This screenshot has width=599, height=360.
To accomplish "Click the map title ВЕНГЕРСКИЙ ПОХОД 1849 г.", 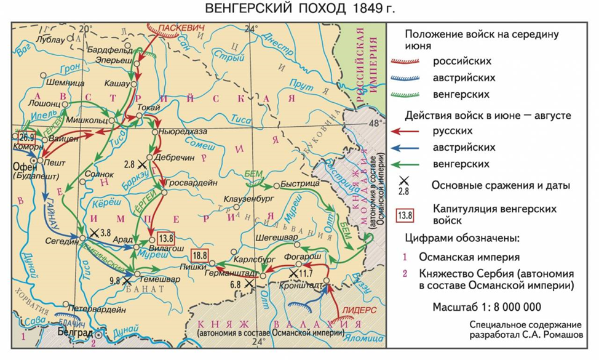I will pyautogui.click(x=299, y=9).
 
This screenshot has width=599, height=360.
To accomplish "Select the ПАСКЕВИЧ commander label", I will pyautogui.click(x=180, y=27).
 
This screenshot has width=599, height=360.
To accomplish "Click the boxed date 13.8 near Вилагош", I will pyautogui.click(x=166, y=239).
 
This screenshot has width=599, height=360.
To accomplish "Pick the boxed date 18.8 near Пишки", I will pyautogui.click(x=200, y=255).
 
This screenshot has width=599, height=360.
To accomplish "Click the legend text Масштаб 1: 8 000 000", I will pyautogui.click(x=486, y=306).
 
